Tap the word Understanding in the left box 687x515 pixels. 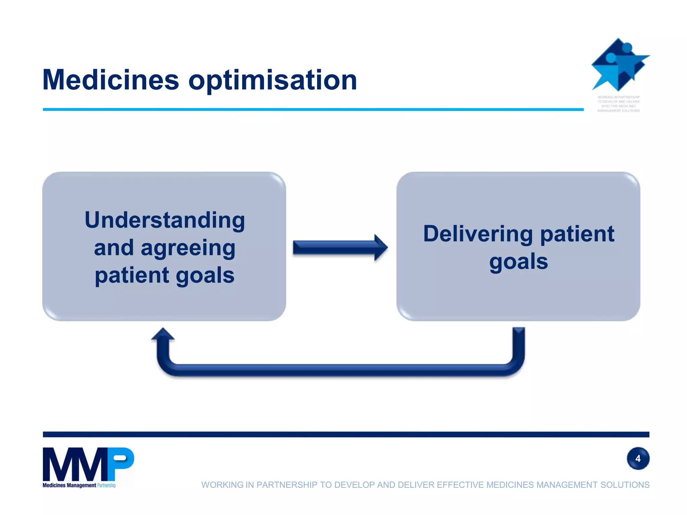point(165,220)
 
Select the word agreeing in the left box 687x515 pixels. point(188,248)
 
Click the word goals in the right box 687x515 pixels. point(518,262)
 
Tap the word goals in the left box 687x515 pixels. point(205,276)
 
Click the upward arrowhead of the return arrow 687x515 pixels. point(163,334)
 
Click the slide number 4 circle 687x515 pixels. point(638,458)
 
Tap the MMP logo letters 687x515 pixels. point(88,464)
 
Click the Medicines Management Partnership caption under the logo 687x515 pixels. point(79,485)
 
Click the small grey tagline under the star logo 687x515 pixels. point(619,104)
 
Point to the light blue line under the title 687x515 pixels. point(312,109)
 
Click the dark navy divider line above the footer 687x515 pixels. point(346,435)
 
